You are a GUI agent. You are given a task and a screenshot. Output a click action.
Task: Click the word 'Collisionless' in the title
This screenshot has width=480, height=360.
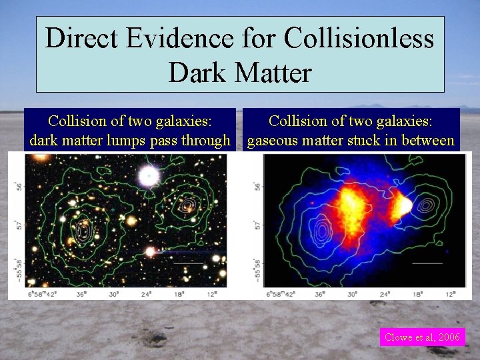[359, 39]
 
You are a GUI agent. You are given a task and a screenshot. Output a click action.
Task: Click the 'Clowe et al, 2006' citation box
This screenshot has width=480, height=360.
[421, 337]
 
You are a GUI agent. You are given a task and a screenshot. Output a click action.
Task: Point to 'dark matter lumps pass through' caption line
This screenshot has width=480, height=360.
[129, 141]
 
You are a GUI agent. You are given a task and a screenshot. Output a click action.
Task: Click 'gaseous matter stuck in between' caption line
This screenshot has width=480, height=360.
[351, 141]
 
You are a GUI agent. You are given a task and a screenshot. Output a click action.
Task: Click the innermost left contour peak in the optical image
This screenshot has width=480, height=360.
[83, 231]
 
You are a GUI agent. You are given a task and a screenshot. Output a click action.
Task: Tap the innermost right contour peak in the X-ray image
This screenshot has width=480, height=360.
[425, 206]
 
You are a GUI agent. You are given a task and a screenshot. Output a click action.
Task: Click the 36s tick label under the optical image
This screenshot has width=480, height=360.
[79, 293]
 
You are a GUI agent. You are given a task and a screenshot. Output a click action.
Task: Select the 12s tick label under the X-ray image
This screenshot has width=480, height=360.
[451, 293]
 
